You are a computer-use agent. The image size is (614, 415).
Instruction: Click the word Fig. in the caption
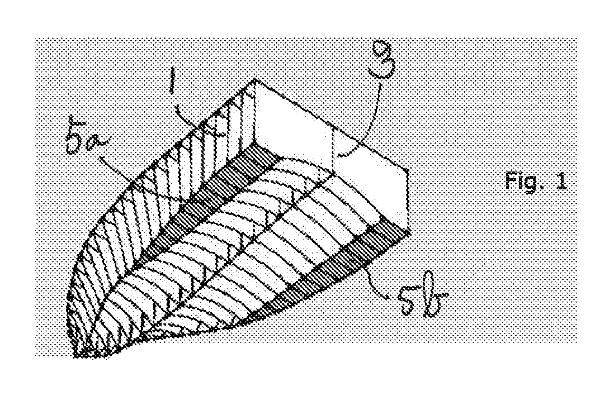click(523, 181)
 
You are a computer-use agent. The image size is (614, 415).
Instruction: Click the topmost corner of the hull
click(256, 80)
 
